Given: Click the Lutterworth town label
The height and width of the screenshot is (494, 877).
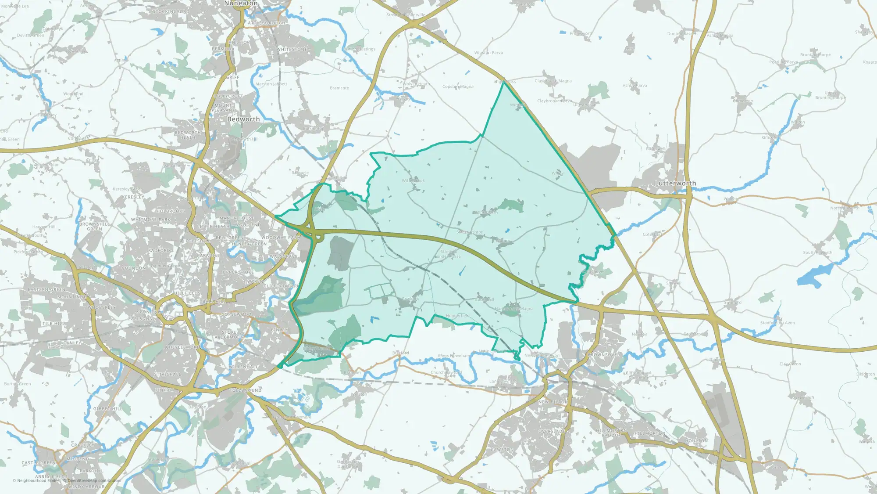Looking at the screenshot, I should pyautogui.click(x=675, y=183).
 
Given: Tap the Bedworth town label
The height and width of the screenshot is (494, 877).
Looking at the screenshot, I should pyautogui.click(x=243, y=119).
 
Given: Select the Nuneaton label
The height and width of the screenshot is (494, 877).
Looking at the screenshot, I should pyautogui.click(x=241, y=4).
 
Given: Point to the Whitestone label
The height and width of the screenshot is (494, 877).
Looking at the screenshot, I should pyautogui.click(x=292, y=50).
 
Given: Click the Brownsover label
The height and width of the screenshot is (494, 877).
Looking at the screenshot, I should pyautogui.click(x=604, y=354).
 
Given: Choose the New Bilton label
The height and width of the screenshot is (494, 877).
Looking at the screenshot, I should pyautogui.click(x=553, y=402).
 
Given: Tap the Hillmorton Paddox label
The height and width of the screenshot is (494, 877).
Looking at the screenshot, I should pyautogui.click(x=611, y=433).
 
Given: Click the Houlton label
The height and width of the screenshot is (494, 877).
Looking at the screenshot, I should pyautogui.click(x=696, y=440).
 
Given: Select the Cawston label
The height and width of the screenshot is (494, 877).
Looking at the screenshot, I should pyautogui.click(x=502, y=450).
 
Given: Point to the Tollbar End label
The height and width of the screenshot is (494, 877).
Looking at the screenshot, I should pyautogui.click(x=246, y=390).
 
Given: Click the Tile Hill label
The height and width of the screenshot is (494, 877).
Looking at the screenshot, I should pyautogui.click(x=53, y=324).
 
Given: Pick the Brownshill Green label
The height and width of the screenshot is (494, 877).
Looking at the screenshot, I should pyautogui.click(x=94, y=226).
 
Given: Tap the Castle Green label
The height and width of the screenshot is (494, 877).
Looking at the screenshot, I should pyautogui.click(x=39, y=463).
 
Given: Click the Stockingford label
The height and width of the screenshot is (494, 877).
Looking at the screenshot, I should pyautogui.click(x=171, y=11).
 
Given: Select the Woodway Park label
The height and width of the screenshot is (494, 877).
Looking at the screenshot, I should pyautogui.click(x=281, y=238).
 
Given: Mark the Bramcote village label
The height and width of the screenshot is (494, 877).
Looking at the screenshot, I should pyautogui.click(x=339, y=88).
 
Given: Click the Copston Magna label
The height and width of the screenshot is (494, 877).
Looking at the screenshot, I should pyautogui.click(x=458, y=87).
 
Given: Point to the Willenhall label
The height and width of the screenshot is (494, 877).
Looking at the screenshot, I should pyautogui.click(x=243, y=367).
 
